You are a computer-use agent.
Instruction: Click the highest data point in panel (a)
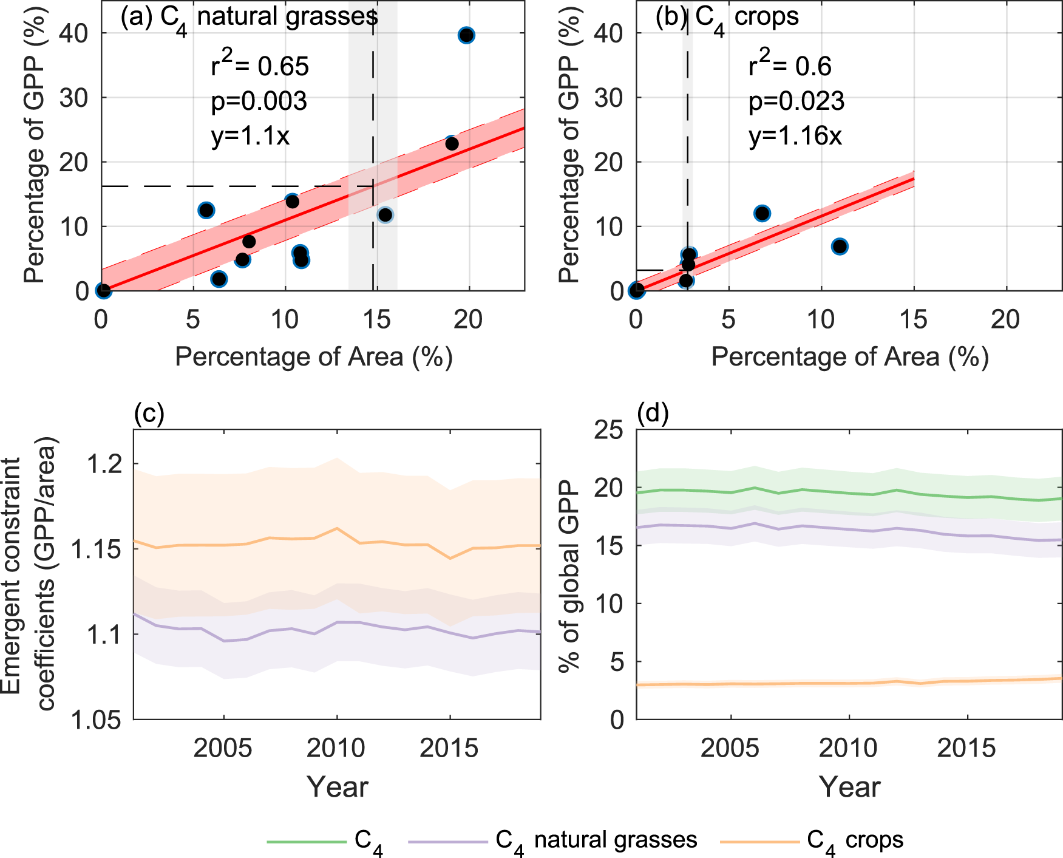pos(466,35)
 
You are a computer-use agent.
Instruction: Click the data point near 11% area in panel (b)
pos(840,247)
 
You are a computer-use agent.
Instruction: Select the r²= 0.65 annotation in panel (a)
pos(260,65)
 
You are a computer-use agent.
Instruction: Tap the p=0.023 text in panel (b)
pos(796,101)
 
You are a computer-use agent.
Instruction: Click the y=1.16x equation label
pos(795,136)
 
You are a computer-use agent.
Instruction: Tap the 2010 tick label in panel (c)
pos(336,748)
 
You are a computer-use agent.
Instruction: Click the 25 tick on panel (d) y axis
pos(609,431)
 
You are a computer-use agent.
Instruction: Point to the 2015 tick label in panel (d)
pos(966,748)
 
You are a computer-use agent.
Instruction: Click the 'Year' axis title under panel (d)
pos(849,787)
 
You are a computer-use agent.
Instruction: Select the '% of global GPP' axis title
pos(570,575)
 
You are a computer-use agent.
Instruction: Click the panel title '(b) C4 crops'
pos(727,17)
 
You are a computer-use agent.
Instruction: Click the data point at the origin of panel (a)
pos(103,291)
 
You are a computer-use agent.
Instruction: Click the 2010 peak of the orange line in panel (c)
pos(338,528)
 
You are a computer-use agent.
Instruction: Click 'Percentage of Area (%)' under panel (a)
pos(314,357)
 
